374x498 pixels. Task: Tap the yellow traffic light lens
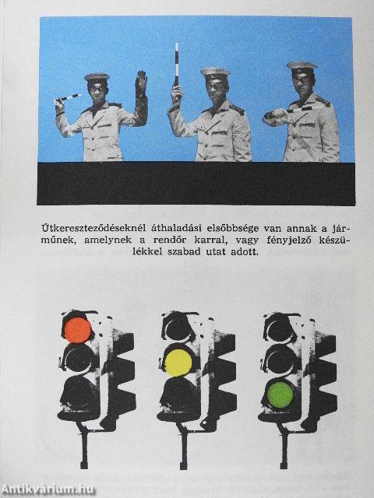(178, 361)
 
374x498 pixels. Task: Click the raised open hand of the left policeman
(141, 84)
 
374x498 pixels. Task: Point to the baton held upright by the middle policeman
(176, 66)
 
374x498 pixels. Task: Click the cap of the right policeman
(301, 67)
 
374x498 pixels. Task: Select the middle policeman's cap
(214, 72)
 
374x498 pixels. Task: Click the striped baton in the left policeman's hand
(69, 98)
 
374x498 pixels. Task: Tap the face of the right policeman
(302, 83)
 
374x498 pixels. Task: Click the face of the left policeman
(97, 91)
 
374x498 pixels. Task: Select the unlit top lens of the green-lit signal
(278, 328)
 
